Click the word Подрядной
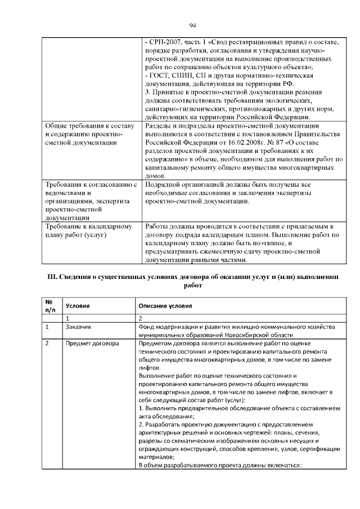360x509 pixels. click(165, 184)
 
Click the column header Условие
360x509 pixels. click(79, 306)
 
